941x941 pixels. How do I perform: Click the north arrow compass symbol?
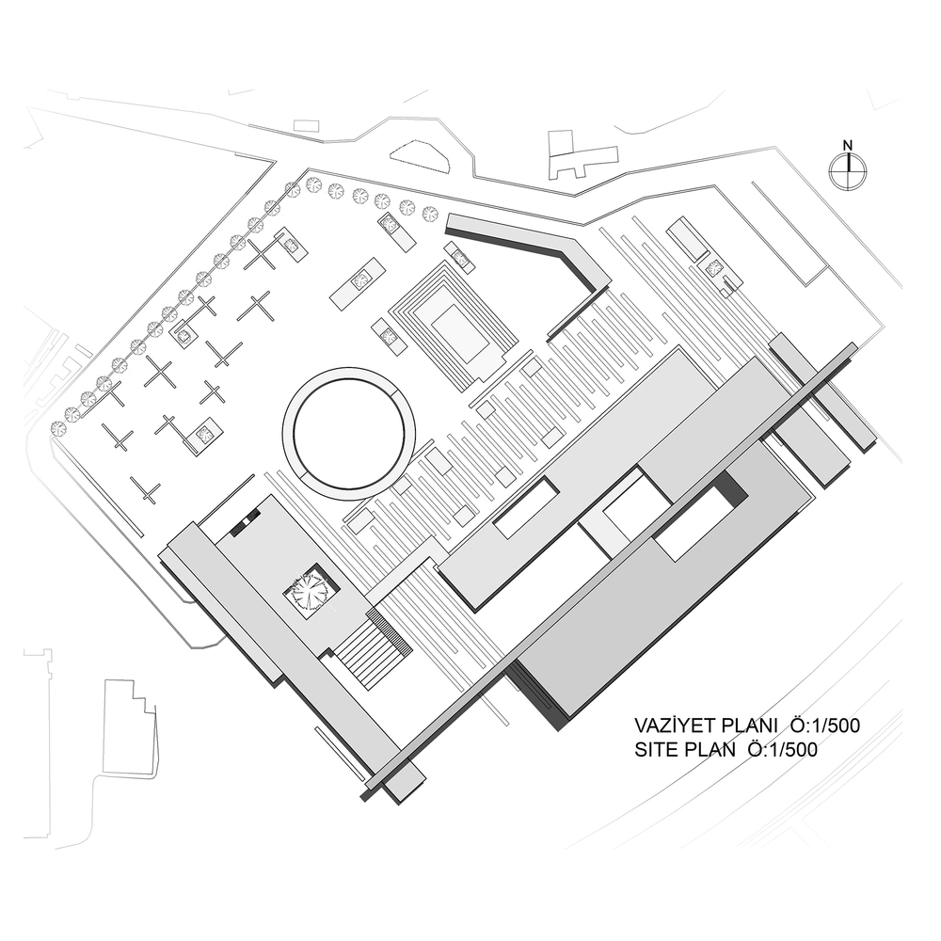(x=848, y=171)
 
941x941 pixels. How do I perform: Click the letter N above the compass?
(x=848, y=145)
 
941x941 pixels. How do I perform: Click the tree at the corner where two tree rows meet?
(x=293, y=190)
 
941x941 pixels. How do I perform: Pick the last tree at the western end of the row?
(x=58, y=427)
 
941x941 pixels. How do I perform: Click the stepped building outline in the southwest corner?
(x=130, y=729)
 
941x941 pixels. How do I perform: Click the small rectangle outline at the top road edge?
(x=306, y=124)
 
